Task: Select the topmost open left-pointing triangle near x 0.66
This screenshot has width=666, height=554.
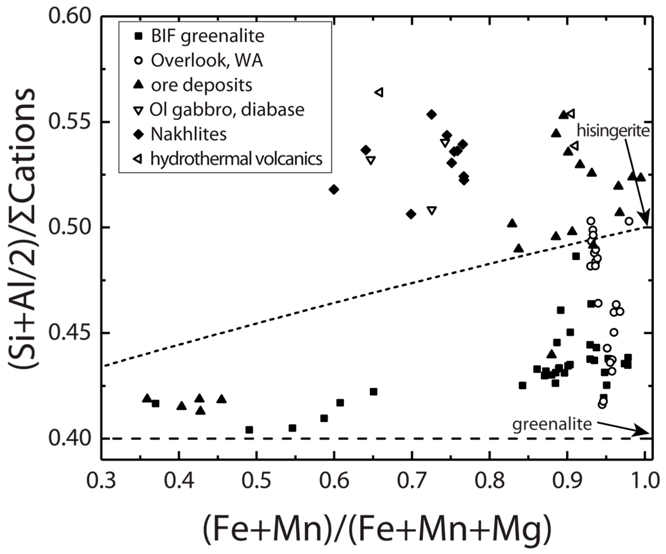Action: click(x=379, y=93)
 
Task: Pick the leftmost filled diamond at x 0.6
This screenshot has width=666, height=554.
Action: click(x=334, y=189)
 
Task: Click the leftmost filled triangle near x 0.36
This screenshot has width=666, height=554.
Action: click(x=147, y=398)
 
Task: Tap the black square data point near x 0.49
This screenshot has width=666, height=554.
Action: click(x=249, y=430)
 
